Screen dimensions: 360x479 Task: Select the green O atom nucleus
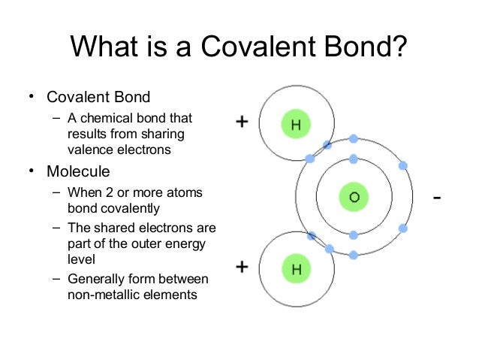click(353, 198)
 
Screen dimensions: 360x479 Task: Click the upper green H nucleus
click(296, 125)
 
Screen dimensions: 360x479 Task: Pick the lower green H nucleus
click(296, 269)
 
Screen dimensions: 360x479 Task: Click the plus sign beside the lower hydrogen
click(243, 267)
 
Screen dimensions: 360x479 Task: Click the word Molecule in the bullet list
click(78, 171)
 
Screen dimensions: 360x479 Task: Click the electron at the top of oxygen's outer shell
click(353, 140)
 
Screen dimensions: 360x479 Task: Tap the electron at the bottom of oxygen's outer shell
click(353, 255)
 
